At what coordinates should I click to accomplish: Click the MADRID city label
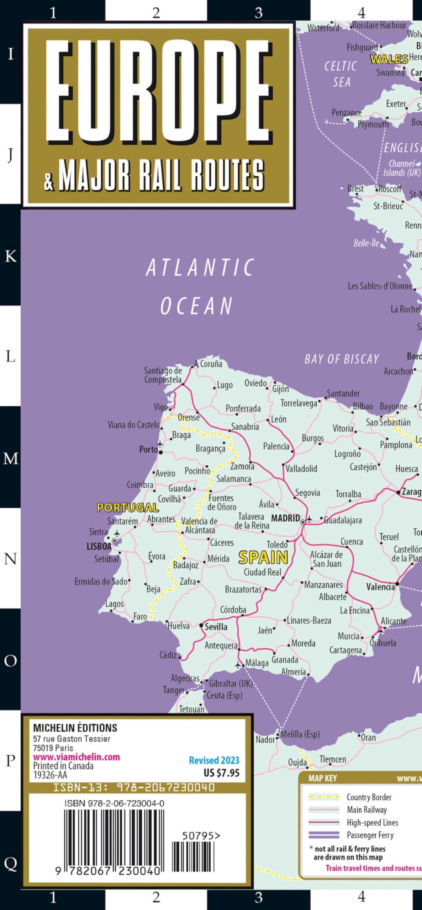coord(285,518)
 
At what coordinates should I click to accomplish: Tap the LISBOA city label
coord(99,546)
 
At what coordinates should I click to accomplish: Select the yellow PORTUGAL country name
coord(128,507)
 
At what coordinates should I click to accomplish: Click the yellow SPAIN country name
coord(263,557)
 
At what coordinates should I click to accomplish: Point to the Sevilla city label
coord(216,627)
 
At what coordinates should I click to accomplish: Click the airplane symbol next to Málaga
coord(238,664)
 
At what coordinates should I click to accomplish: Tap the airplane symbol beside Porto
coord(160,444)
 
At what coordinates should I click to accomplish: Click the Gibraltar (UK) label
coord(231,683)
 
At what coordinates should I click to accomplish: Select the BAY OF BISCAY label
coord(342,359)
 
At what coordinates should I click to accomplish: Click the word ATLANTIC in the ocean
coord(200,267)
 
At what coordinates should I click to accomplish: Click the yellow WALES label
coord(389,59)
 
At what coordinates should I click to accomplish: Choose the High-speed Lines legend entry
coord(372,822)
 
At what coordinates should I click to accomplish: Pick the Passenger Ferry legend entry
coord(370,835)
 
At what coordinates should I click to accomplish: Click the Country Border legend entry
coord(369,797)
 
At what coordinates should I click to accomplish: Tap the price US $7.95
coord(221,773)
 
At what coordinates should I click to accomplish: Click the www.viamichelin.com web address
coord(76,757)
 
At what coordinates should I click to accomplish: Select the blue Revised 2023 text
coord(214,760)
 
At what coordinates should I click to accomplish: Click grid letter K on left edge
coord(10,256)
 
